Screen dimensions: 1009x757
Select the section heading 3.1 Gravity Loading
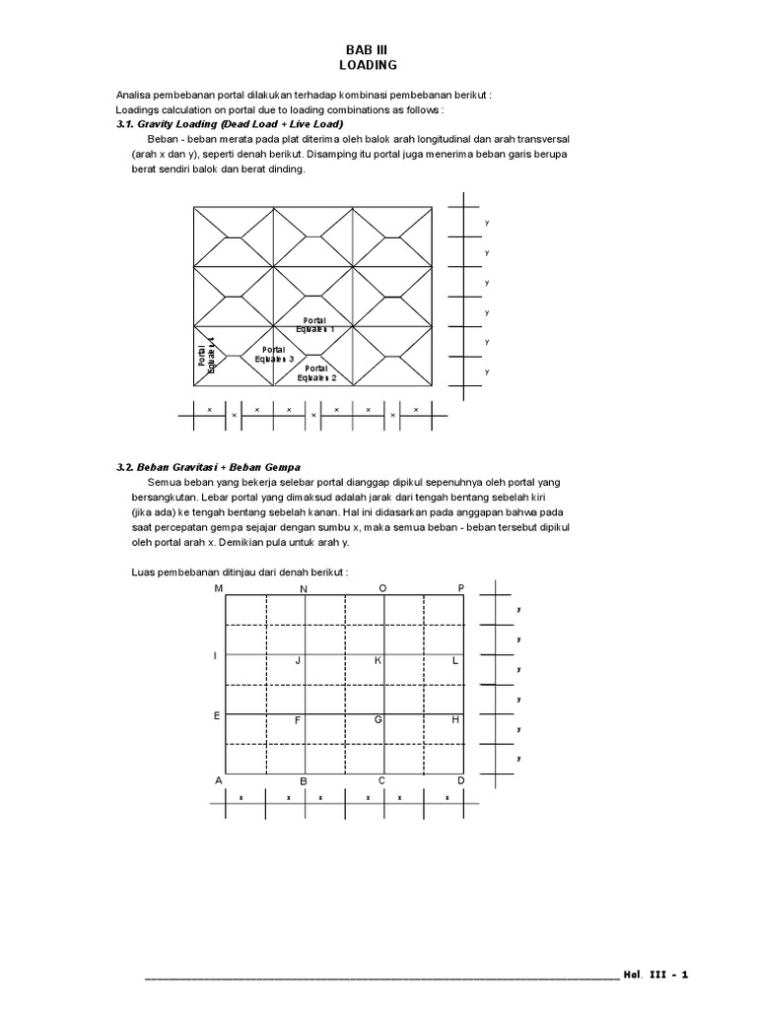click(x=229, y=125)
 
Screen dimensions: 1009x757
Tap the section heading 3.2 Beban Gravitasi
click(x=208, y=466)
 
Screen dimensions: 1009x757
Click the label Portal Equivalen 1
click(x=314, y=324)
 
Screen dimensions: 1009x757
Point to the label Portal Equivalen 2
click(x=315, y=372)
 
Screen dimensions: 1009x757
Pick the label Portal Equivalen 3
click(x=274, y=354)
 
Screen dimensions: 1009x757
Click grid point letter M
click(x=219, y=588)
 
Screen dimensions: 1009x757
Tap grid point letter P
click(x=460, y=588)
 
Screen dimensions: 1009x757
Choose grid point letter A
click(x=219, y=779)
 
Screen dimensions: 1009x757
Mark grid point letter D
click(x=460, y=779)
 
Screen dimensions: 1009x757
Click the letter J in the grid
click(x=298, y=660)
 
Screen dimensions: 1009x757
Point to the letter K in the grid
click(x=378, y=660)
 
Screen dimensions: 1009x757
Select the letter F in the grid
click(x=297, y=720)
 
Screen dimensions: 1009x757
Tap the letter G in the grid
click(x=378, y=720)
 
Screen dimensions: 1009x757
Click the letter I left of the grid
click(x=215, y=655)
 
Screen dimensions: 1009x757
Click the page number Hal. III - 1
click(x=655, y=975)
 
